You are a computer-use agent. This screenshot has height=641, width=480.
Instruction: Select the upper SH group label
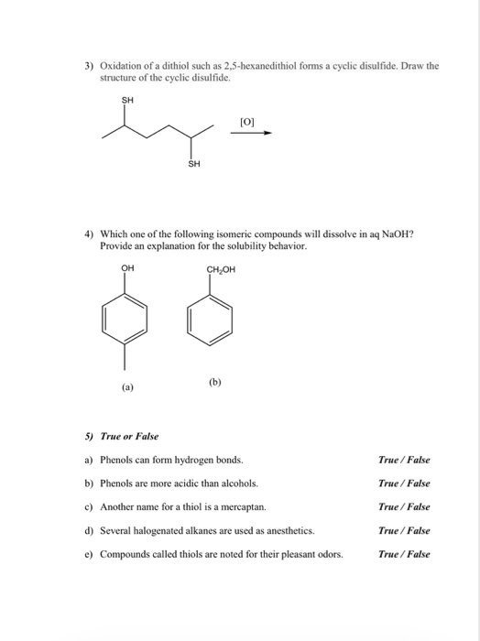[126, 101]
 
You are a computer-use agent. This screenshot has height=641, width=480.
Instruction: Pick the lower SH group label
[192, 165]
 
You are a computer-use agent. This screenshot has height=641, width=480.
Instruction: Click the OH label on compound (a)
[126, 267]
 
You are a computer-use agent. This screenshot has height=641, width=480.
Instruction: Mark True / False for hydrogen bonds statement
[403, 460]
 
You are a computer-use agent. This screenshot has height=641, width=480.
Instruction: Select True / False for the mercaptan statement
[403, 506]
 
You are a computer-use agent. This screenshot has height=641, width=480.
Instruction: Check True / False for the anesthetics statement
[403, 530]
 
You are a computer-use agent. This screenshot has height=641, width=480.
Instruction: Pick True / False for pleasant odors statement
[403, 554]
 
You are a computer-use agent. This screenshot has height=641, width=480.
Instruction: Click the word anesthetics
[283, 530]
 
